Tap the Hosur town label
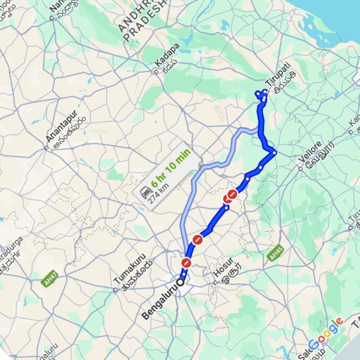click(x=226, y=273)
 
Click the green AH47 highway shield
click(x=50, y=280)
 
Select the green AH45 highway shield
click(x=275, y=255)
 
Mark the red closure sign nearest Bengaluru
click(x=187, y=263)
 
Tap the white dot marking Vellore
click(x=299, y=169)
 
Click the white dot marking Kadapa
click(x=155, y=72)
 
